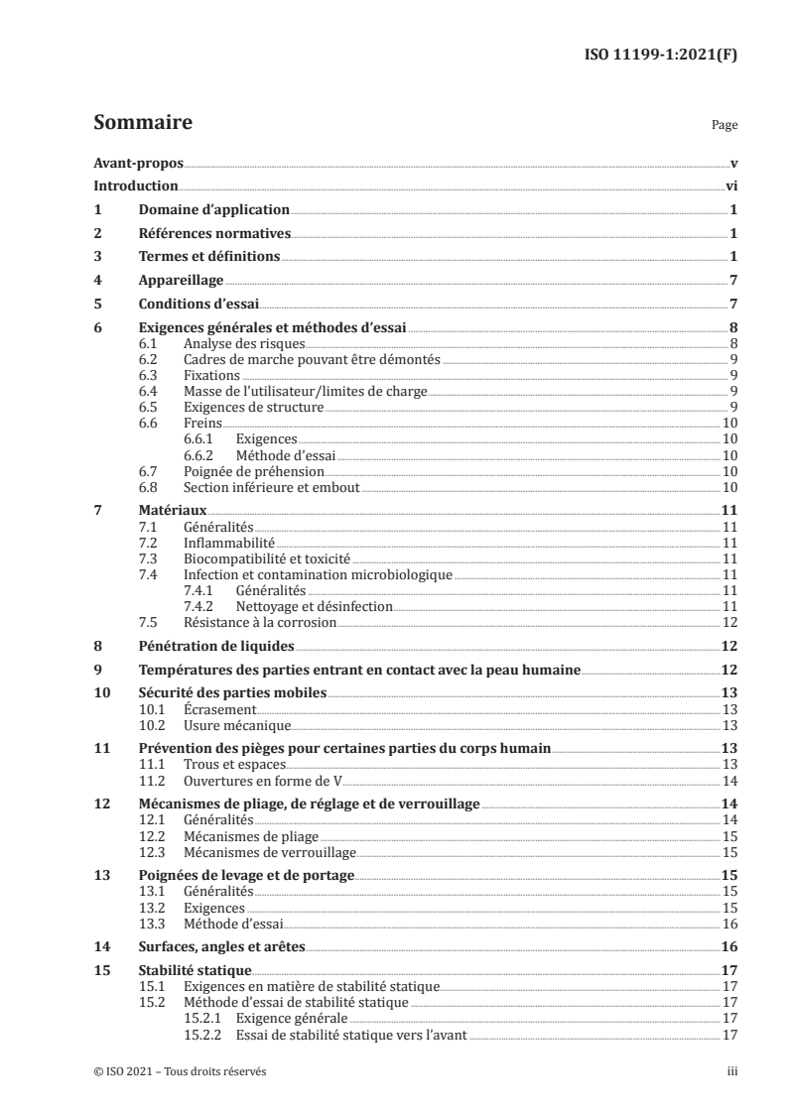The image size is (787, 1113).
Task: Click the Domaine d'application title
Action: click(212, 209)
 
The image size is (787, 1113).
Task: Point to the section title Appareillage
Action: click(180, 281)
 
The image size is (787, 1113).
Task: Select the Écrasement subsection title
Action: click(220, 710)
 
